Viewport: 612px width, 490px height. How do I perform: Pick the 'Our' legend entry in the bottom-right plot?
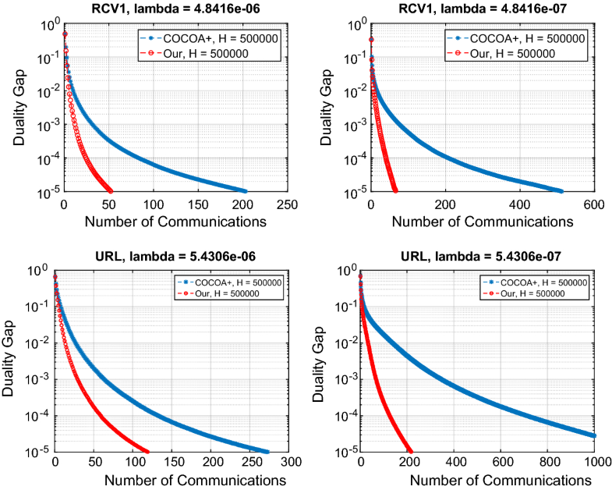point(530,293)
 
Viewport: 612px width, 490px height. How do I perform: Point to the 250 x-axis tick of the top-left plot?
point(288,204)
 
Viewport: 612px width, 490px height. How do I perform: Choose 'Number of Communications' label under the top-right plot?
point(482,222)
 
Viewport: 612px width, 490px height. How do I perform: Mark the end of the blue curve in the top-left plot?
point(245,191)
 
